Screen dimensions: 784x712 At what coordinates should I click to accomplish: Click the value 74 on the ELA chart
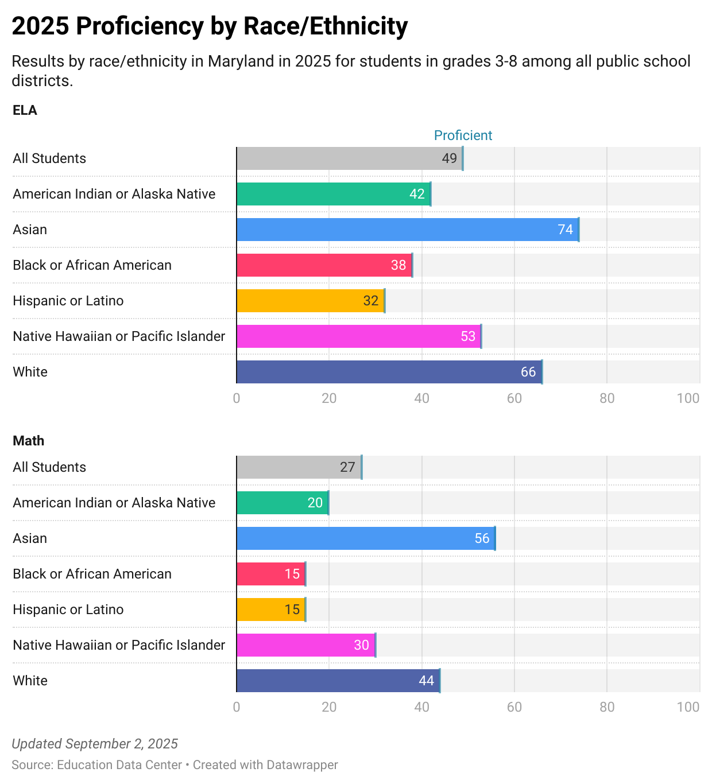[x=565, y=230]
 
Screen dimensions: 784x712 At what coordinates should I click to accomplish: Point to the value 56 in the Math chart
[x=482, y=538]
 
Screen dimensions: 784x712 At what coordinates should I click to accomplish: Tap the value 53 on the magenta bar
[x=468, y=336]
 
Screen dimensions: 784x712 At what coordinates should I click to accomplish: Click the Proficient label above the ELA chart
[x=463, y=135]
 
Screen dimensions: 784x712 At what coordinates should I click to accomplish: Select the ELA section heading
[x=25, y=110]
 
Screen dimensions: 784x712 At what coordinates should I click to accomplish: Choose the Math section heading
[x=28, y=441]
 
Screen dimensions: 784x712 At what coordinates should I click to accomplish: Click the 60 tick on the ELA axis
[x=514, y=398]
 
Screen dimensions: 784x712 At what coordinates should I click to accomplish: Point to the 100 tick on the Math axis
[x=688, y=707]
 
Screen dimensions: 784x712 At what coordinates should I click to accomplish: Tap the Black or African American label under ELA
[x=92, y=265]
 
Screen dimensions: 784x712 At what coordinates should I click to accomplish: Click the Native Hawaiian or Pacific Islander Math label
[x=119, y=645]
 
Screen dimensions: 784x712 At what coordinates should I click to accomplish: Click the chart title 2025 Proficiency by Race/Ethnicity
[x=210, y=26]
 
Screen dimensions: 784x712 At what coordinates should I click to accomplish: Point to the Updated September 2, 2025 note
[x=95, y=744]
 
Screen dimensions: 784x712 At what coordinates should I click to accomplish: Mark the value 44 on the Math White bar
[x=426, y=681]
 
